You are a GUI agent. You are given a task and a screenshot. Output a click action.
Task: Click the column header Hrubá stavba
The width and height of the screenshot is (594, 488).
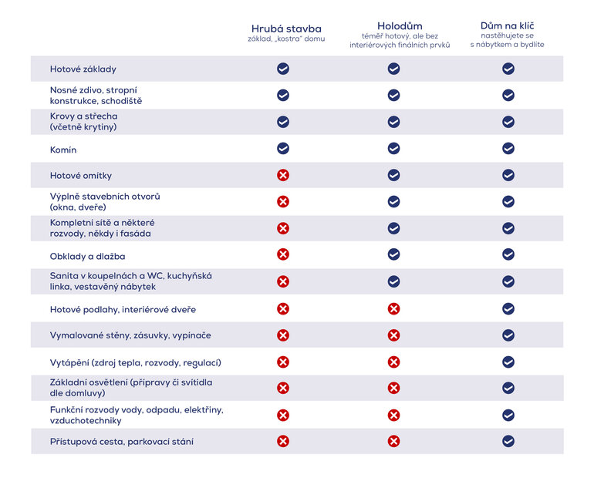point(286,29)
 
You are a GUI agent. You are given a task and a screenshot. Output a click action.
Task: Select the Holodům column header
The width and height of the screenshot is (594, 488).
point(400,25)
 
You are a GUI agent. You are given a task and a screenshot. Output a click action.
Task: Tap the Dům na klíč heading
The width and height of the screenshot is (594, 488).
point(507,25)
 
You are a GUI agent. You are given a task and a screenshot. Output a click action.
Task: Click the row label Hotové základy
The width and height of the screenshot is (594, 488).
point(83,69)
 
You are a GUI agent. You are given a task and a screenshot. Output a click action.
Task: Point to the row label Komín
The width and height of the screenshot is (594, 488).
point(63,150)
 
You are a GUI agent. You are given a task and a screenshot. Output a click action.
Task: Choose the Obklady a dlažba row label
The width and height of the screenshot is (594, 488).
point(87,256)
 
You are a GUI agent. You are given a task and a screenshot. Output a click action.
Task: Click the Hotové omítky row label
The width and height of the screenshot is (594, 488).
point(80,176)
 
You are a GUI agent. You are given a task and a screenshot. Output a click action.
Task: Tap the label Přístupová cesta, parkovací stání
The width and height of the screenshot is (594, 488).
point(122,442)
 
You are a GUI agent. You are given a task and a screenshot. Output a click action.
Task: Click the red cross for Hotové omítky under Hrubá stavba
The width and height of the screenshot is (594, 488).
point(283,175)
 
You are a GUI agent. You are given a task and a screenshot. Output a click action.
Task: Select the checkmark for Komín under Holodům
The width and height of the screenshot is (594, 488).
point(393,149)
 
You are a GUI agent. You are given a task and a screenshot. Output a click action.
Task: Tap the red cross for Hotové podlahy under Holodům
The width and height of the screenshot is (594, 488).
point(393,309)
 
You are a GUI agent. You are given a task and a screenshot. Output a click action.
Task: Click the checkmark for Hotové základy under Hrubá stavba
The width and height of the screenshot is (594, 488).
point(283,69)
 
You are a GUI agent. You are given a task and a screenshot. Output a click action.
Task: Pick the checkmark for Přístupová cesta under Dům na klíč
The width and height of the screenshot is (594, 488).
point(508,442)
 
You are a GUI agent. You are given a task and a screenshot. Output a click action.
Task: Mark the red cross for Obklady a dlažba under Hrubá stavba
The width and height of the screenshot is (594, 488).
point(283,254)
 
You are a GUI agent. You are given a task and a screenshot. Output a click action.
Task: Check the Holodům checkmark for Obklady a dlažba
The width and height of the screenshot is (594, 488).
point(393,254)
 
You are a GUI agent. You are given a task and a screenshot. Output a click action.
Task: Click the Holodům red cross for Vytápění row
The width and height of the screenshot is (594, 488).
point(393,362)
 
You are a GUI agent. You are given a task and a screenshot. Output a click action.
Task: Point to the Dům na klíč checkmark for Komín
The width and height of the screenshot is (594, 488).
point(508,149)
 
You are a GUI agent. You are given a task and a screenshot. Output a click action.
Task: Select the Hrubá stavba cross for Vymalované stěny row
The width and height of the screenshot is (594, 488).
point(283,335)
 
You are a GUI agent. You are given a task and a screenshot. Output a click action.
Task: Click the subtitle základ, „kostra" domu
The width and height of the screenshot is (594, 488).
point(286,39)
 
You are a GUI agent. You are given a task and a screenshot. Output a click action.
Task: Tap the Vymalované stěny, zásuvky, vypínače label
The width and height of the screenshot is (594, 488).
point(130,336)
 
